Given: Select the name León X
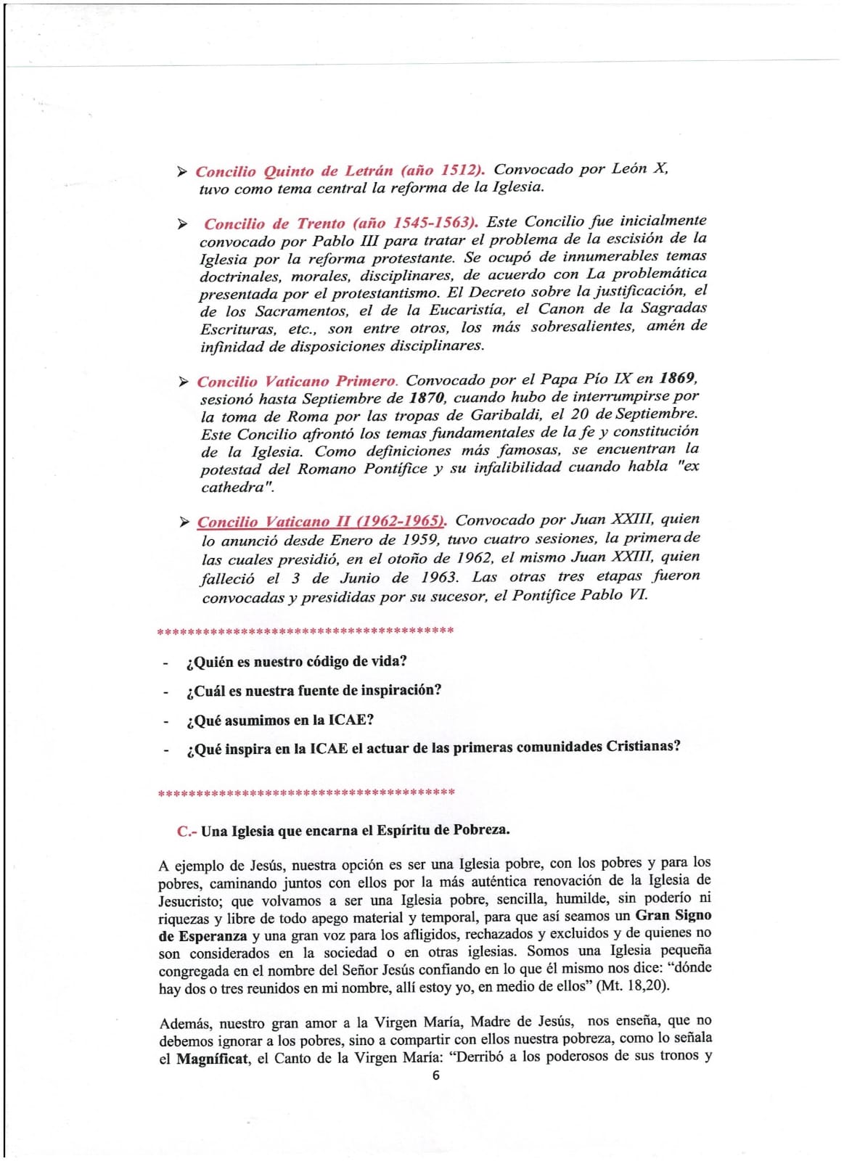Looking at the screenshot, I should click(x=639, y=168).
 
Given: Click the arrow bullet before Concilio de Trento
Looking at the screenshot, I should click(x=182, y=223).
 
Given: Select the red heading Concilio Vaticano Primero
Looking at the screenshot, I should click(x=297, y=381).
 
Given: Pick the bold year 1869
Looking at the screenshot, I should click(x=678, y=377).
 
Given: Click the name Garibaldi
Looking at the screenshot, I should click(x=507, y=415).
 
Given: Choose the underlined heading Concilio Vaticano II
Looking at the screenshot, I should click(x=321, y=521).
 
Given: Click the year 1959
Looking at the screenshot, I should click(x=419, y=540).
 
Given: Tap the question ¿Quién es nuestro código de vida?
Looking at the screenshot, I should click(x=297, y=662).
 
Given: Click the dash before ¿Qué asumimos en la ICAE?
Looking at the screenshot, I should click(x=166, y=721).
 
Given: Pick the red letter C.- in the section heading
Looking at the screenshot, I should click(x=187, y=832).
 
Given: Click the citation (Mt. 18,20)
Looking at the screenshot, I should click(x=633, y=986).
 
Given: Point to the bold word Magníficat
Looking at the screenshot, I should click(x=212, y=1059).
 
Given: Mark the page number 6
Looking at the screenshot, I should click(x=435, y=1075).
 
